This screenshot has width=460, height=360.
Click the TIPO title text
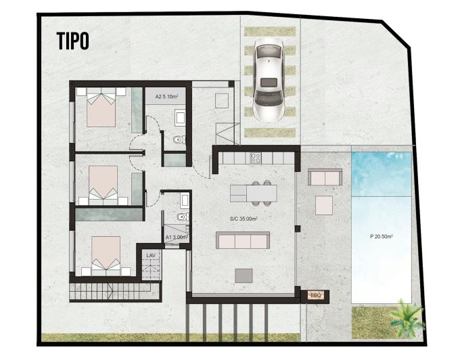click(x=72, y=41)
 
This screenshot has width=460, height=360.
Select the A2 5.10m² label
click(x=166, y=96)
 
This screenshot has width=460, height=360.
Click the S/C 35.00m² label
click(x=244, y=219)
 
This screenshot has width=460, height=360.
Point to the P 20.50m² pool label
click(x=382, y=236)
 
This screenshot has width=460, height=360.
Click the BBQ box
click(x=316, y=296)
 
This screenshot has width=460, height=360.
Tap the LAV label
click(x=151, y=256)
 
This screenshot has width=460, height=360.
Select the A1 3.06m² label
click(x=177, y=238)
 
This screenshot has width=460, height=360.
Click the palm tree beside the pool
click(x=407, y=317)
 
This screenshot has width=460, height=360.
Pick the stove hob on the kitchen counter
click(x=256, y=158)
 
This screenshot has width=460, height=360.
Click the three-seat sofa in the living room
click(x=243, y=240)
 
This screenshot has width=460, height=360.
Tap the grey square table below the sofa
click(x=244, y=276)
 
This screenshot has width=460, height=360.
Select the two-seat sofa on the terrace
click(x=325, y=177)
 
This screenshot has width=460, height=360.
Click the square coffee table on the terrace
click(x=324, y=206)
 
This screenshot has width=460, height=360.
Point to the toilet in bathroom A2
click(x=179, y=139)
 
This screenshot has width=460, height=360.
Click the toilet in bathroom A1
click(x=183, y=217)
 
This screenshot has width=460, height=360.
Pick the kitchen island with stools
click(x=254, y=193)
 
